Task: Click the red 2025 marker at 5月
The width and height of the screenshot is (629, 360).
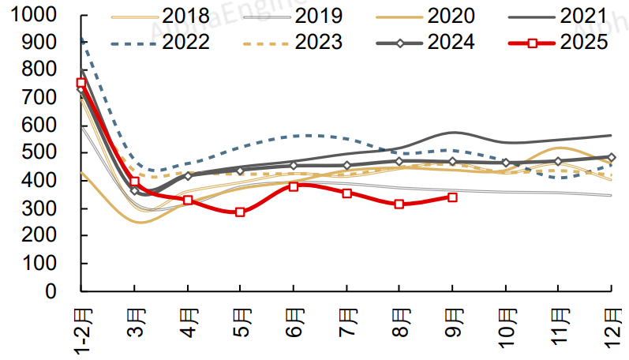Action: click(240, 212)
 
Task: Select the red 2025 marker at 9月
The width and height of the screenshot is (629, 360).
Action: click(452, 197)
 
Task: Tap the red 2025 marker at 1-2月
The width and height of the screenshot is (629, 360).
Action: click(81, 83)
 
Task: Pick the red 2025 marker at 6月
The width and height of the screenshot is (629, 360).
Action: click(294, 186)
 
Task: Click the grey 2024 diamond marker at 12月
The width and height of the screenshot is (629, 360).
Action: click(612, 157)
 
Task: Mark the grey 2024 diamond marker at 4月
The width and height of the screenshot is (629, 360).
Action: click(188, 175)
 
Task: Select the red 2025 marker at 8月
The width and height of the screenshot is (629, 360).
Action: click(399, 204)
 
